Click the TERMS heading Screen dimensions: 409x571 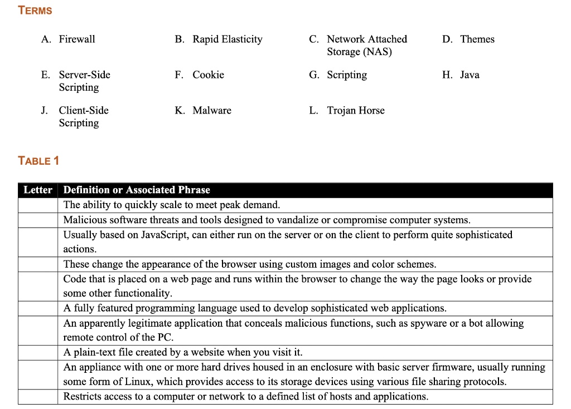click(x=35, y=11)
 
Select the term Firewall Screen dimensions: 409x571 click(x=77, y=39)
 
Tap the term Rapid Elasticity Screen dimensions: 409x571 click(x=227, y=39)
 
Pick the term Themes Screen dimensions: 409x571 click(x=477, y=39)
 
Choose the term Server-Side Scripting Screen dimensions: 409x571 click(x=84, y=81)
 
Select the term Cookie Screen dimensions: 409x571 click(x=208, y=75)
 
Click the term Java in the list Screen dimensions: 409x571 click(x=469, y=75)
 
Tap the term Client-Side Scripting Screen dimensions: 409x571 click(x=84, y=116)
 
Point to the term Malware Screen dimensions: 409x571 click(x=211, y=110)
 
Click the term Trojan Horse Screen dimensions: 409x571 click(x=355, y=110)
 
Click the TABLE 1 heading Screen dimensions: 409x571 click(x=38, y=161)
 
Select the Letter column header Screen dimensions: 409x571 click(x=38, y=190)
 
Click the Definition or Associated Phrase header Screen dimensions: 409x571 click(x=137, y=190)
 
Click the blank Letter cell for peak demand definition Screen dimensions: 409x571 click(x=38, y=205)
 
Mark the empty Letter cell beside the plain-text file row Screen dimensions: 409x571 click(x=38, y=352)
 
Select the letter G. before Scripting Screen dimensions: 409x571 click(x=313, y=75)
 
